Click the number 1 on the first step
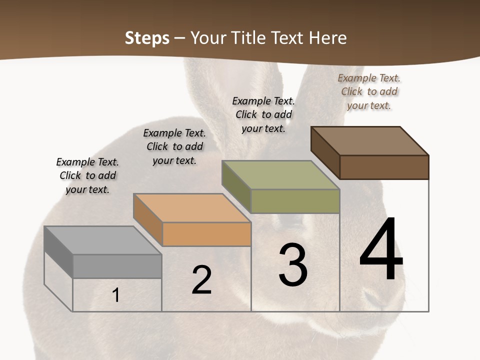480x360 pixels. tap(116, 295)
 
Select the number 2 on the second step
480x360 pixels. tap(201, 280)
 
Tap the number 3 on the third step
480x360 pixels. tap(293, 265)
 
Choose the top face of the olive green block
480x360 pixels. tap(280, 175)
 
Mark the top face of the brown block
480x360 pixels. tap(369, 141)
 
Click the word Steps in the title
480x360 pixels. tap(147, 38)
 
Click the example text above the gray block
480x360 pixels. tap(87, 175)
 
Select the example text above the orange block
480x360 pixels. tap(174, 146)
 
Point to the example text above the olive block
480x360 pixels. tap(263, 114)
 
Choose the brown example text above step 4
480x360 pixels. tap(369, 91)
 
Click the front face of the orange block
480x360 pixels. tap(206, 234)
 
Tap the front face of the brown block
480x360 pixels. tap(384, 167)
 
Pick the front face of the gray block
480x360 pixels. tap(117, 266)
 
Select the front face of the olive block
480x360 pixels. tap(295, 201)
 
